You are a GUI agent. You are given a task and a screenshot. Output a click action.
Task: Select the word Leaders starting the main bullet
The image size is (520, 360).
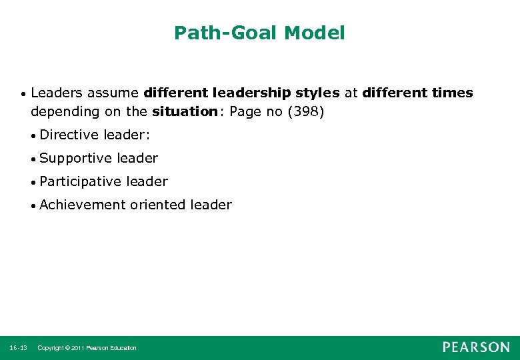point(57,93)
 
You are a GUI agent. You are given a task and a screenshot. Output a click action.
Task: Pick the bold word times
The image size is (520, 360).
point(452,93)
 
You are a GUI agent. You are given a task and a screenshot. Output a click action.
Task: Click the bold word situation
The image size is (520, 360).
point(184,111)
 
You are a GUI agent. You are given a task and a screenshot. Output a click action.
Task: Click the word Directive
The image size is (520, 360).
point(69,135)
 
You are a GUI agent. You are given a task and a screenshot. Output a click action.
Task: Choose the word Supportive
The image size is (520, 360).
point(75,158)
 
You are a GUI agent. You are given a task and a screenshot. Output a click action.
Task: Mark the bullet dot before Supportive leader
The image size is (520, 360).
point(33,159)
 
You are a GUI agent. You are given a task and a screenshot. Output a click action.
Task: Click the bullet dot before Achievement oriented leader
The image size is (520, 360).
point(33,205)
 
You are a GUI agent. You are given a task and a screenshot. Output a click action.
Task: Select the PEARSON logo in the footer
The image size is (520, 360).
point(476,347)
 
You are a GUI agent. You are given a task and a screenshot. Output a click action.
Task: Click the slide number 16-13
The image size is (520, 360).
point(18,348)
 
